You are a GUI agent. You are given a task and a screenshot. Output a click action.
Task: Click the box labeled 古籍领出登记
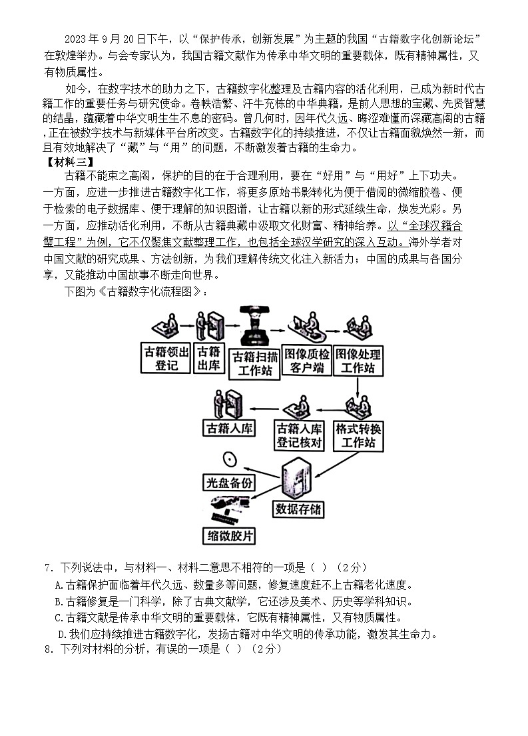166,358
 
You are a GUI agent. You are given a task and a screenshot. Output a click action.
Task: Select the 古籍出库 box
209,358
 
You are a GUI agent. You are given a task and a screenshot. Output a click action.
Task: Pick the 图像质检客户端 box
306,361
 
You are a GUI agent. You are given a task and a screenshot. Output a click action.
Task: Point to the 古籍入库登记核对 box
299,435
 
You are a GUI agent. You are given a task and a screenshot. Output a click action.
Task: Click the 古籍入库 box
230,428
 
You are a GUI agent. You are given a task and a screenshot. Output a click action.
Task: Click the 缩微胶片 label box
229,535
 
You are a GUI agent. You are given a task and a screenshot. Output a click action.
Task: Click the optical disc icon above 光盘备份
231,459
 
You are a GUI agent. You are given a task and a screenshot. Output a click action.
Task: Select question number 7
48,567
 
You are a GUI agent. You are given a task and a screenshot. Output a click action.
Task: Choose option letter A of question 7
59,585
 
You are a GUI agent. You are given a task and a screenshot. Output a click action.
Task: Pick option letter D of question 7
63,634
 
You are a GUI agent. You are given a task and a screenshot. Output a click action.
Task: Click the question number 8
48,649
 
